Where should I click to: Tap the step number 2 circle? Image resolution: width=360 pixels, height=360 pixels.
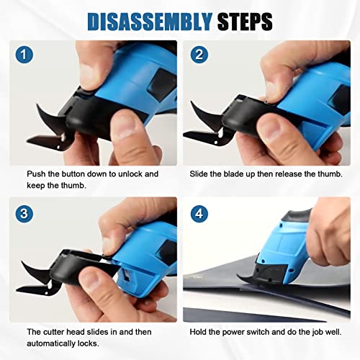point(199,55)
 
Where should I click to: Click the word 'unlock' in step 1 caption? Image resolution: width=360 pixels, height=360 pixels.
point(127,174)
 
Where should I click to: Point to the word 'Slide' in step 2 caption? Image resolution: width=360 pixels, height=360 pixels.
point(201,174)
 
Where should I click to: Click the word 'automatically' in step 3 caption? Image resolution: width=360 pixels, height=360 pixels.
point(51,343)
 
